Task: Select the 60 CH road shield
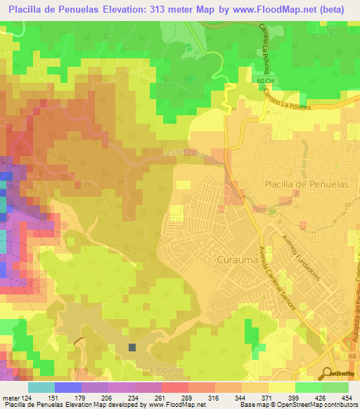tap(264, 82)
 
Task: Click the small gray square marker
tap(132, 346)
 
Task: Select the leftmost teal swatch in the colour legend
tap(41, 387)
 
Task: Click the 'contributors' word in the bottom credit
tap(338, 405)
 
